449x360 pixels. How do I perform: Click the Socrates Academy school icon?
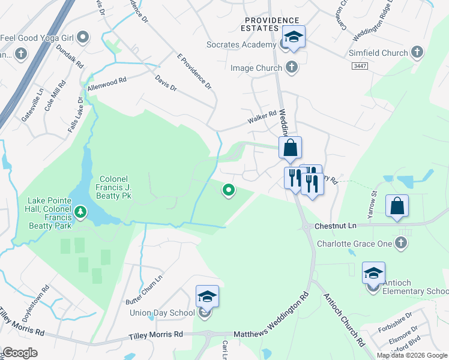point(294,37)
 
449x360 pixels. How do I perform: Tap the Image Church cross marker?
point(292,67)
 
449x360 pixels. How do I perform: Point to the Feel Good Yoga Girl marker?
point(83,38)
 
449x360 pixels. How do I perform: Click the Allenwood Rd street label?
point(107,83)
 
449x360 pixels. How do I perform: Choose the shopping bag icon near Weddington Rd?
point(290,148)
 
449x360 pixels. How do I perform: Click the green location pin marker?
point(228,190)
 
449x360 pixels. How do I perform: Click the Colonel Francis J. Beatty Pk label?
point(115,187)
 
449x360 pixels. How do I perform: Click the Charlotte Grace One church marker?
point(402,243)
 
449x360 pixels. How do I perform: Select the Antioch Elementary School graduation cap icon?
point(373,273)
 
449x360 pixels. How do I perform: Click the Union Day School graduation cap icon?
point(207,296)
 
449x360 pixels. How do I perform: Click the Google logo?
point(20,353)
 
